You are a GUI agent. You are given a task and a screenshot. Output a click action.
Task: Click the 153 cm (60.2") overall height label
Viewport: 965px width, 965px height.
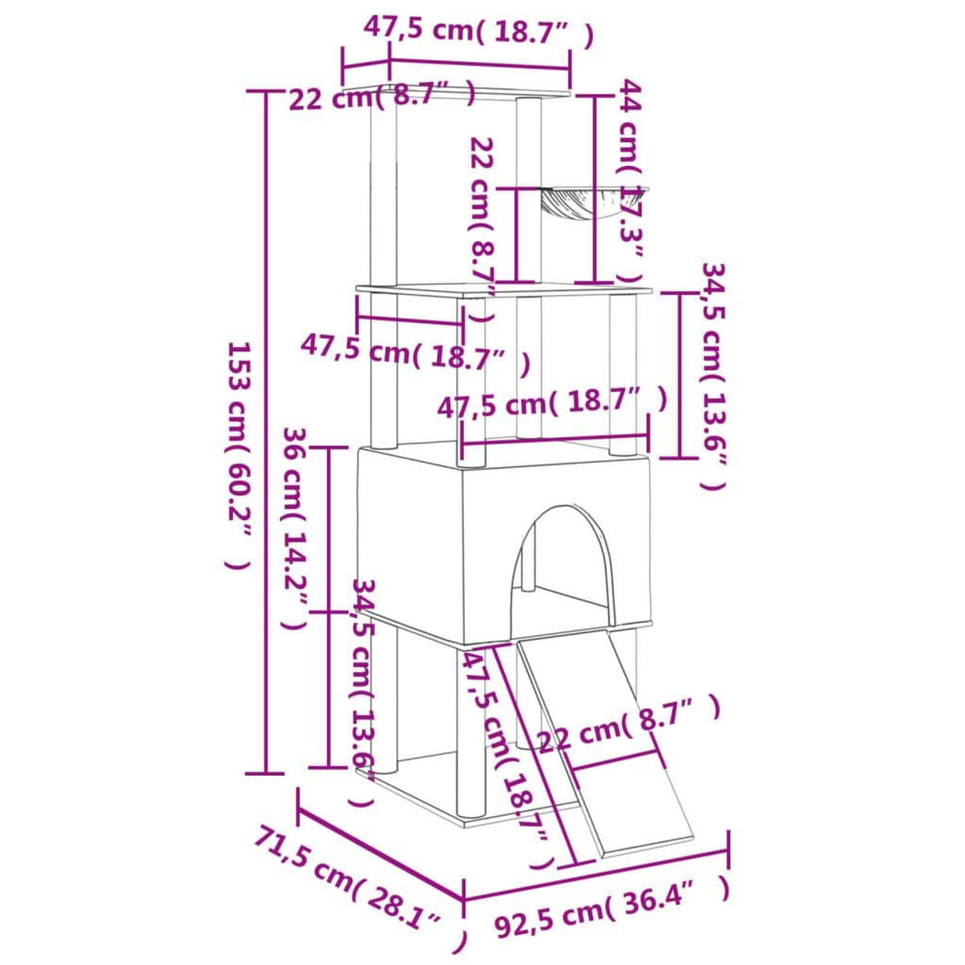(x=240, y=455)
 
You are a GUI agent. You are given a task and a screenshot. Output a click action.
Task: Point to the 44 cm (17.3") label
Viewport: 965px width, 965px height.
(x=631, y=182)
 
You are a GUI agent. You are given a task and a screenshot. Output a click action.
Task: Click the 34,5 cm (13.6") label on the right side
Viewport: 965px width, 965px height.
(x=713, y=375)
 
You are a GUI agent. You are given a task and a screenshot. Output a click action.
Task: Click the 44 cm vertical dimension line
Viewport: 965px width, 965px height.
(x=594, y=189)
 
